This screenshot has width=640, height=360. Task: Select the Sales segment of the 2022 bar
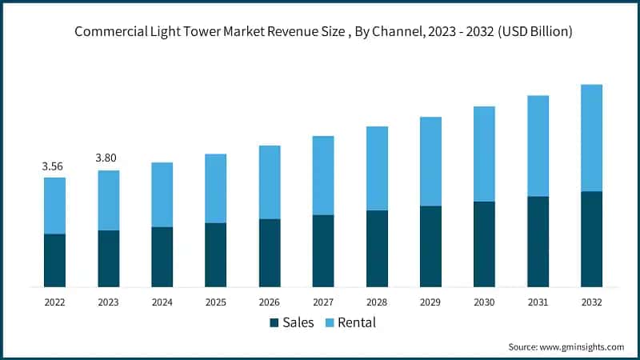click(54, 260)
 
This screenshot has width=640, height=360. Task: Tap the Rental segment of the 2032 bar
click(591, 138)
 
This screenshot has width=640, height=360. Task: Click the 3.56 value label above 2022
click(52, 166)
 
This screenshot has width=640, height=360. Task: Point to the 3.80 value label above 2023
click(106, 158)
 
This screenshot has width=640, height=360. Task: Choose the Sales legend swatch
click(274, 323)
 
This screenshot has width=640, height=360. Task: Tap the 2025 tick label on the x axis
click(215, 302)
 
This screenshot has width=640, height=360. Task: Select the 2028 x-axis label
click(377, 302)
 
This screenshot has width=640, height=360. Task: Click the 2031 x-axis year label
click(538, 302)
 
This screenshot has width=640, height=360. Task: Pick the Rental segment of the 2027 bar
click(323, 175)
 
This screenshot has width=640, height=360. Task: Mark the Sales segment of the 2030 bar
click(484, 244)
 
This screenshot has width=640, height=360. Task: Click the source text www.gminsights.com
click(566, 346)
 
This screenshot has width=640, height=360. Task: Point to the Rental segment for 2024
click(162, 194)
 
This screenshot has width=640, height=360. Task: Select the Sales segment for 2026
click(270, 253)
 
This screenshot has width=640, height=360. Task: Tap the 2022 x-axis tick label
click(54, 302)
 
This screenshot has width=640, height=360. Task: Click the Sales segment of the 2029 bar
click(430, 246)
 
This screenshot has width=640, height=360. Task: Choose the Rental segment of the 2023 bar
click(108, 200)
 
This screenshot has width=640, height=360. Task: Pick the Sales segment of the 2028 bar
click(377, 249)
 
